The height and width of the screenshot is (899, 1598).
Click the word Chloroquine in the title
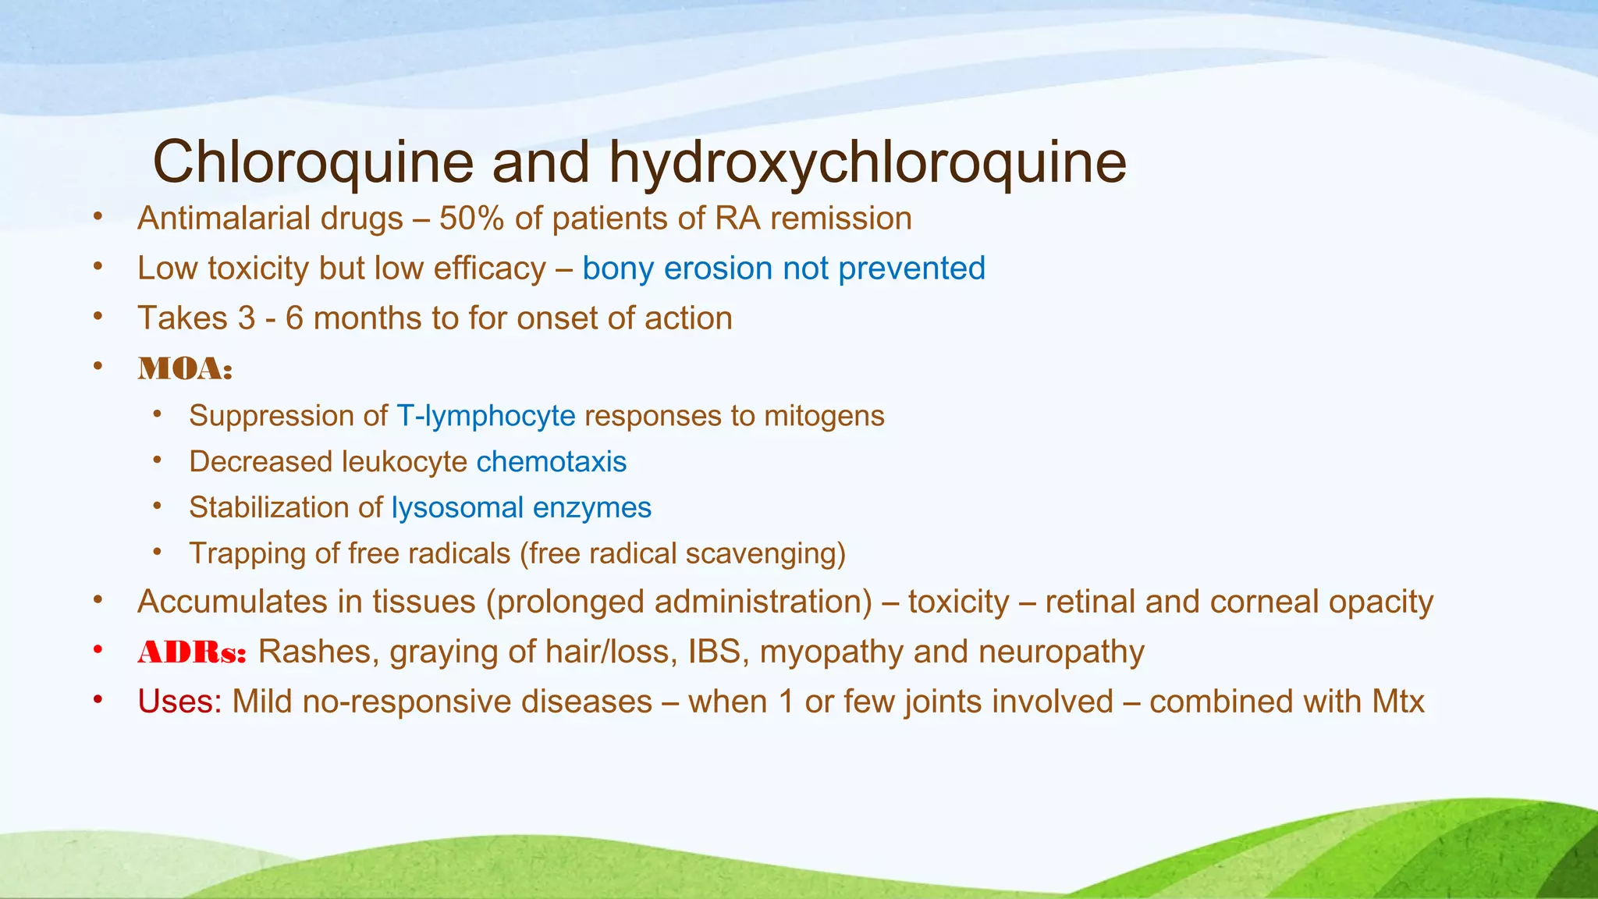(313, 162)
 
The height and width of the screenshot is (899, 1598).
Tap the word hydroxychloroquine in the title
(867, 162)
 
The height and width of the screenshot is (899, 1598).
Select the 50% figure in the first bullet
(471, 219)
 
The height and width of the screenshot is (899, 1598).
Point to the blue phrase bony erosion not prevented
(783, 268)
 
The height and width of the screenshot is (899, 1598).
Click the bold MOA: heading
(185, 368)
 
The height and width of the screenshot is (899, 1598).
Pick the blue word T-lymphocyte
(485, 416)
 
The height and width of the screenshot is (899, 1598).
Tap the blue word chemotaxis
(551, 462)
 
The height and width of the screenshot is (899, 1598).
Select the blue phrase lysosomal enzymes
(520, 508)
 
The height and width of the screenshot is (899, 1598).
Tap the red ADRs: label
(192, 652)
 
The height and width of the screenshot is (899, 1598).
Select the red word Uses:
(179, 702)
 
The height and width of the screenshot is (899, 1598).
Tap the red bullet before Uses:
(98, 699)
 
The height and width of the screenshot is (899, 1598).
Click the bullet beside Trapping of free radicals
(158, 552)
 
